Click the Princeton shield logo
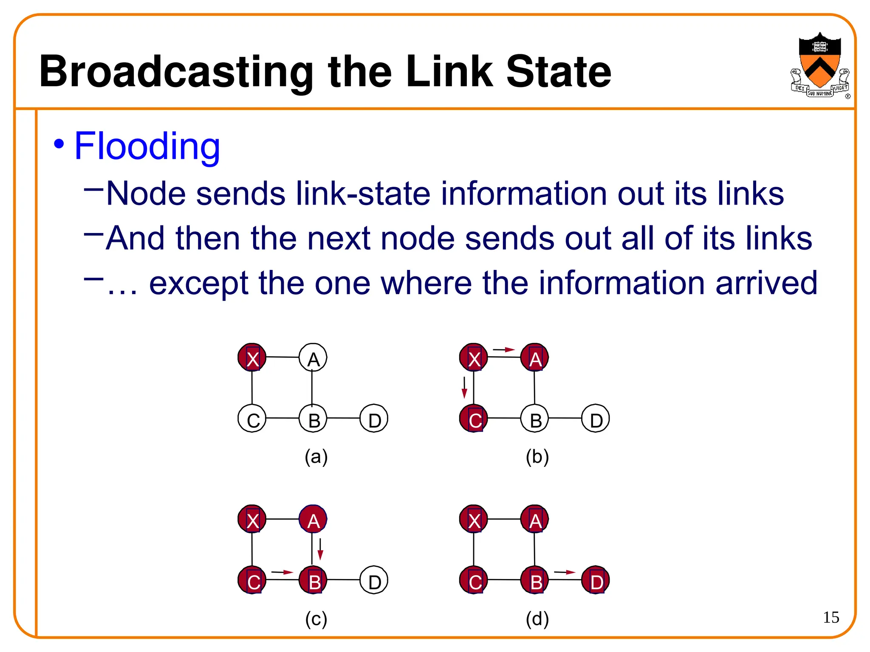pos(819,64)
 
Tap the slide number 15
pos(831,617)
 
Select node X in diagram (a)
pos(252,358)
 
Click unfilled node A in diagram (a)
pos(313,358)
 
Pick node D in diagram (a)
pos(374,419)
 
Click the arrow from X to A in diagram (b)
pos(504,350)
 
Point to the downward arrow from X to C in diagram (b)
pos(464,387)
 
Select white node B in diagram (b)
pos(535,419)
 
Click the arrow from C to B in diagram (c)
pos(282,572)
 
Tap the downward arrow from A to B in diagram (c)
pos(321,549)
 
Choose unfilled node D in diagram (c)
pos(374,580)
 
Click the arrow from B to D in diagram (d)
pos(565,572)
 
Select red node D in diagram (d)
pos(596,580)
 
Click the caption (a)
pos(316,457)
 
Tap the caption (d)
pos(537,619)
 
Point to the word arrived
pos(766,283)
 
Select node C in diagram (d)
pos(474,580)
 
